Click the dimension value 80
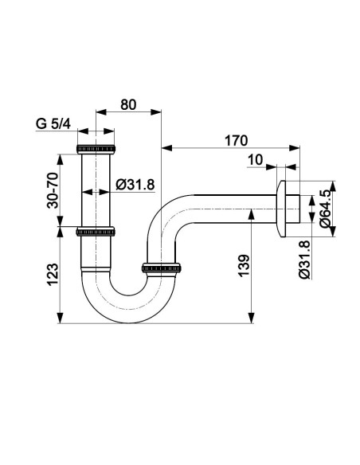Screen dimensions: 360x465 point(128,104)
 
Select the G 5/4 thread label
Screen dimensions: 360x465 point(53,123)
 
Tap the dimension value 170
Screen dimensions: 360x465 point(236,141)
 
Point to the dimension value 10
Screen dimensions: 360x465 point(255,160)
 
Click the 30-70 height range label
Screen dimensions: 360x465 point(53,190)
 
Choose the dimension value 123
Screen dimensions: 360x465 point(53,275)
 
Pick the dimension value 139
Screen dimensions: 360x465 point(245,265)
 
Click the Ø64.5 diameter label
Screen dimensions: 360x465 point(325,209)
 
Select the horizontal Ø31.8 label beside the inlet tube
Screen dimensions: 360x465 point(135,185)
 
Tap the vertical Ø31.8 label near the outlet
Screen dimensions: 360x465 point(305,260)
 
